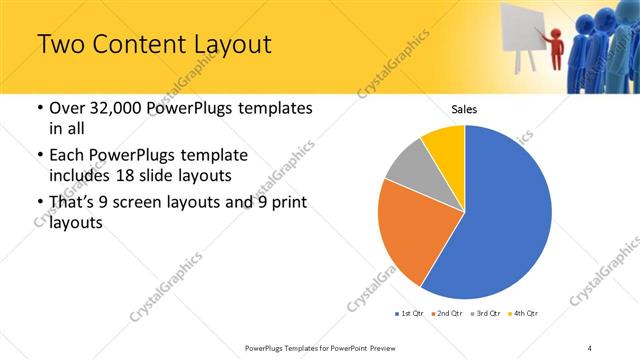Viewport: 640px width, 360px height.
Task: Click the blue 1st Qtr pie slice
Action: pyautogui.click(x=500, y=220)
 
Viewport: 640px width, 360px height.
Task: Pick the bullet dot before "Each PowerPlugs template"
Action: pyautogui.click(x=39, y=156)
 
